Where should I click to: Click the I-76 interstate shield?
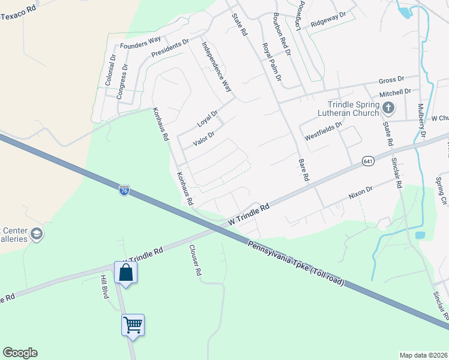[124, 190]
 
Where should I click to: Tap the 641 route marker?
[368, 161]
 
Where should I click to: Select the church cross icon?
[388, 109]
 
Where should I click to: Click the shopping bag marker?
[126, 273]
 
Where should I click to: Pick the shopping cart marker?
[133, 326]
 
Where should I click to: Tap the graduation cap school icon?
[37, 233]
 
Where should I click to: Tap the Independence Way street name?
[217, 66]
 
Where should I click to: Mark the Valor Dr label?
[203, 139]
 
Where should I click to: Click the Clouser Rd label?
[195, 260]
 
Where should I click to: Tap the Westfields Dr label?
[323, 131]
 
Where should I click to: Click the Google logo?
[20, 353]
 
